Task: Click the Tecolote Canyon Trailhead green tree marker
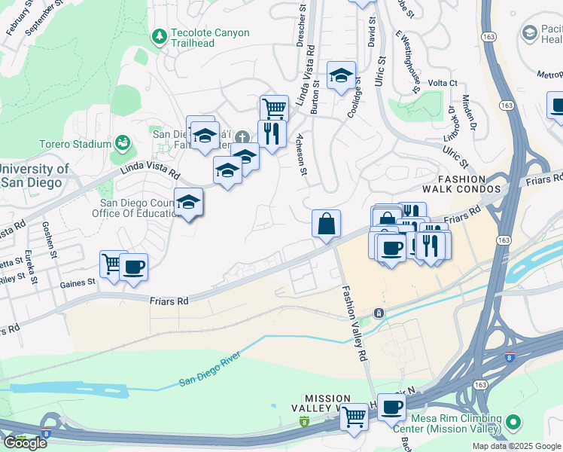(159, 36)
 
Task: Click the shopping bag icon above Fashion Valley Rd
(326, 224)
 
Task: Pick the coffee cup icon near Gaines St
(133, 267)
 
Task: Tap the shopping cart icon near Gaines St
(113, 264)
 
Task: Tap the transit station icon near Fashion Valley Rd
(379, 312)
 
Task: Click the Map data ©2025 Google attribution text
(516, 446)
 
